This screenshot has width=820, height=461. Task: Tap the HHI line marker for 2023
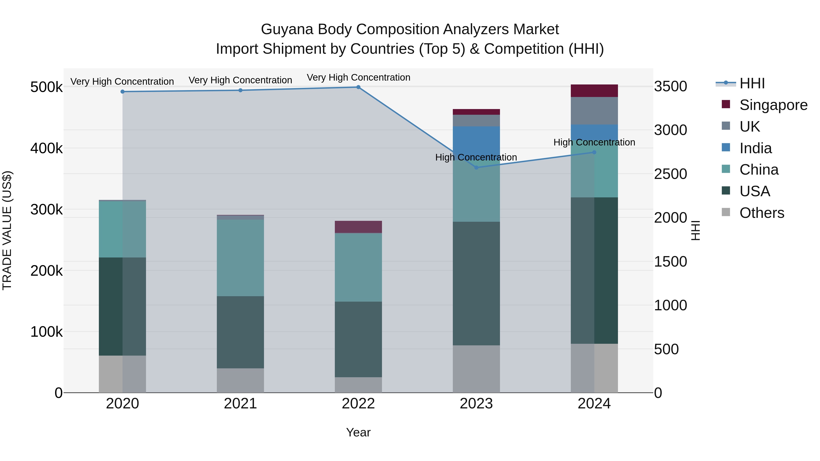click(476, 168)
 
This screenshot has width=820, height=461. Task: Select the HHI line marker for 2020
click(123, 92)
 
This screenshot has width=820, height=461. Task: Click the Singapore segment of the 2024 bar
click(594, 91)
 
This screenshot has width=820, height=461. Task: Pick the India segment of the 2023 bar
click(476, 140)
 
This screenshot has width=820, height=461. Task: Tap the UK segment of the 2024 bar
click(594, 111)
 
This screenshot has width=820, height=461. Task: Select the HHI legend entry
click(752, 83)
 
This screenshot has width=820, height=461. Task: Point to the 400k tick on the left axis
click(46, 148)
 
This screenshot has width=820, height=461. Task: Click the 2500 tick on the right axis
click(670, 174)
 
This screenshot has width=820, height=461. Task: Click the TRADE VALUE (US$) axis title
click(7, 230)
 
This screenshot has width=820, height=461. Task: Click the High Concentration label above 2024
click(594, 142)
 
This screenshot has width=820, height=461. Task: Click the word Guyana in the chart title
click(287, 29)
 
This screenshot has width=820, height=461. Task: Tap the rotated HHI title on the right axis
click(696, 230)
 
